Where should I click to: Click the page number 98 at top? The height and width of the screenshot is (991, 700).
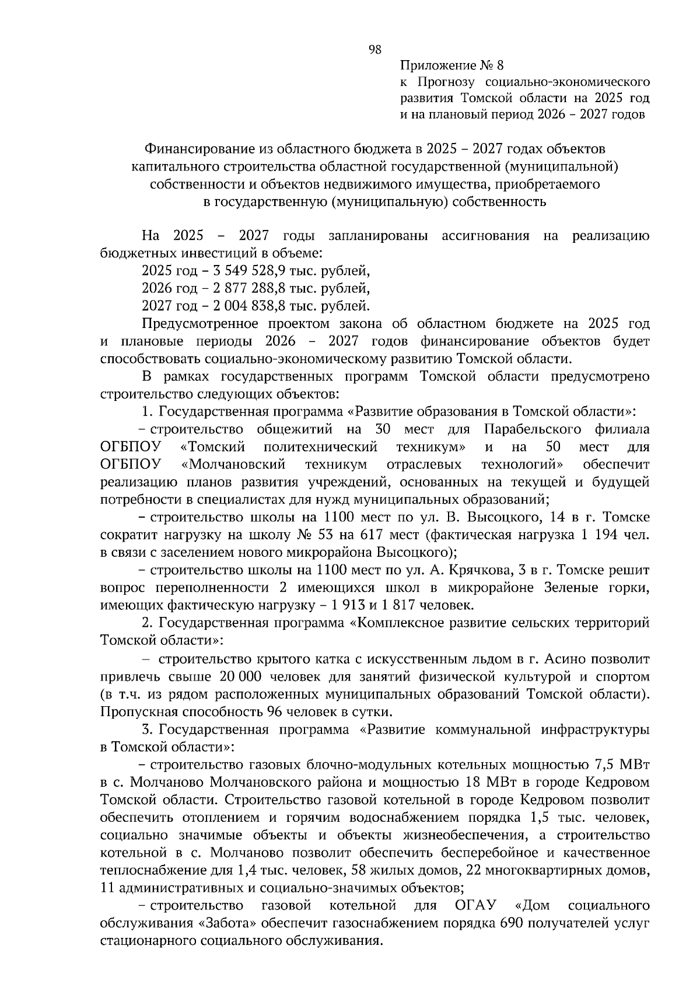point(376,50)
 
